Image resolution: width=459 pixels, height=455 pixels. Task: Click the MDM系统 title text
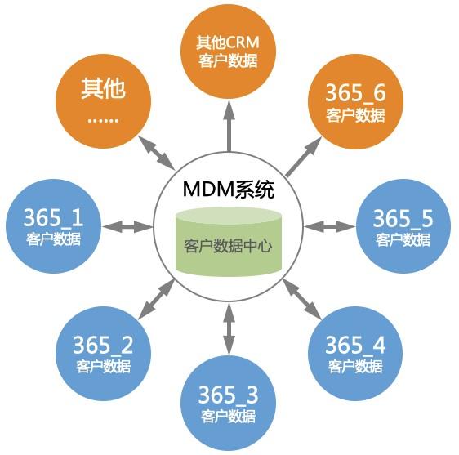click(x=229, y=190)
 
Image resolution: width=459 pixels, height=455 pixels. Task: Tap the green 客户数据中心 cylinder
click(x=229, y=242)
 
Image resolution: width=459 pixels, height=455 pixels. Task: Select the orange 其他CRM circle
click(x=229, y=51)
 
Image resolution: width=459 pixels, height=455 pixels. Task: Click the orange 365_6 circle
click(x=355, y=101)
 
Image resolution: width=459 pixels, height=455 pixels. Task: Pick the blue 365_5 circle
click(x=403, y=226)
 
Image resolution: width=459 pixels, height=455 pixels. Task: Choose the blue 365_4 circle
click(x=355, y=354)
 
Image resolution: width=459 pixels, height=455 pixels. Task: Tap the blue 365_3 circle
click(x=229, y=404)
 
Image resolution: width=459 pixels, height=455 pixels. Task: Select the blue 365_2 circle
click(x=103, y=354)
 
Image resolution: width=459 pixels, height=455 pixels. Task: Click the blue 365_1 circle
click(x=54, y=226)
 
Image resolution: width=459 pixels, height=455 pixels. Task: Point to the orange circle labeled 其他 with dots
click(x=103, y=101)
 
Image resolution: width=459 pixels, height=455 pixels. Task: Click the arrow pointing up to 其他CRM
click(x=229, y=126)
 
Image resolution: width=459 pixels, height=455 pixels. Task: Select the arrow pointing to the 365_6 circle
click(x=304, y=157)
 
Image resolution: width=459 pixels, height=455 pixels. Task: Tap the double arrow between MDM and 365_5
click(x=330, y=226)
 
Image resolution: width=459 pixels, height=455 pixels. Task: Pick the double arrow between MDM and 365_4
click(x=302, y=299)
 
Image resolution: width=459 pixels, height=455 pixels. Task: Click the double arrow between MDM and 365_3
click(x=229, y=329)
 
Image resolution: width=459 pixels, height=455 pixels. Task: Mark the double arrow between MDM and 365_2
click(x=156, y=299)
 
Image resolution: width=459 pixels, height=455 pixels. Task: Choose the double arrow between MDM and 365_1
click(x=127, y=226)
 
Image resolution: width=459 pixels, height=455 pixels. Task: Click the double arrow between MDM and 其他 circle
click(x=156, y=153)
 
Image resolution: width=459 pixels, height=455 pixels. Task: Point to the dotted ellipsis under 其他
click(x=103, y=120)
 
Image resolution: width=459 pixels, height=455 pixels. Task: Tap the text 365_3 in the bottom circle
click(x=229, y=395)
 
